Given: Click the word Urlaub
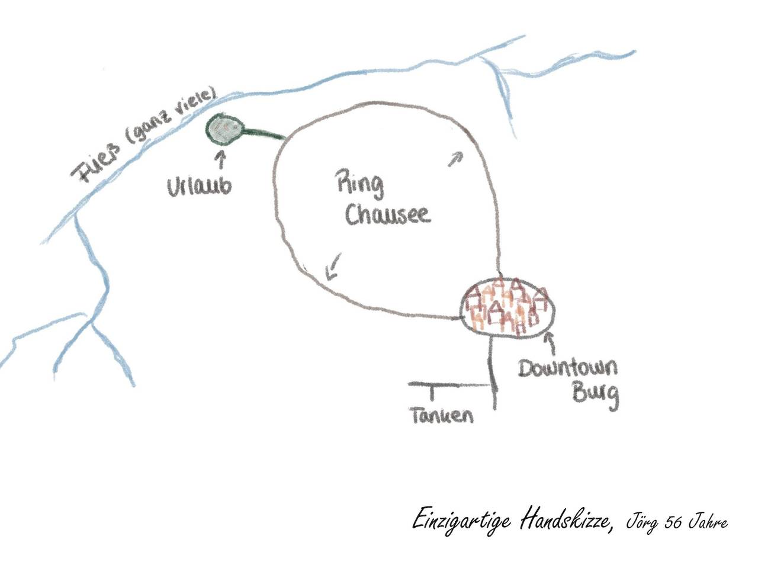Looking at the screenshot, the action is coord(199,187).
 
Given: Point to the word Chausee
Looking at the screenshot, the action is coord(388,214).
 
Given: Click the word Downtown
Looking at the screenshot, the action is coord(568,368).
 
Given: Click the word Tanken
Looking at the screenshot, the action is coord(442,415).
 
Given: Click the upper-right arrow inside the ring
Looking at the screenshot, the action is coord(455,159).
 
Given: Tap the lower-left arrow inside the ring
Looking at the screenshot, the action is coord(333,266).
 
